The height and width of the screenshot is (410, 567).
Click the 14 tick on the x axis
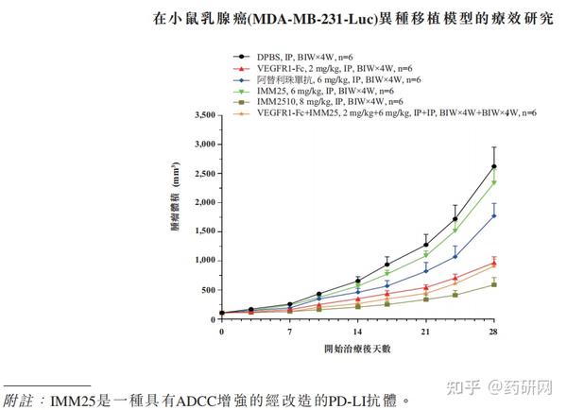[x=357, y=333]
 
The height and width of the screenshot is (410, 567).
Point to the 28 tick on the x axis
[x=493, y=333]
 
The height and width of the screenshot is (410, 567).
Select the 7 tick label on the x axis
[x=289, y=333]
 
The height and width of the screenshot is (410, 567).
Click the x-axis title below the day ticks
[x=357, y=350]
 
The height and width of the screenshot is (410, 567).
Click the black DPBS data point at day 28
[x=493, y=167]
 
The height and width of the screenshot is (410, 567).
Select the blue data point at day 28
[x=493, y=215]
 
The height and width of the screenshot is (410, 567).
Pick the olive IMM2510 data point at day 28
[x=493, y=284]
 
